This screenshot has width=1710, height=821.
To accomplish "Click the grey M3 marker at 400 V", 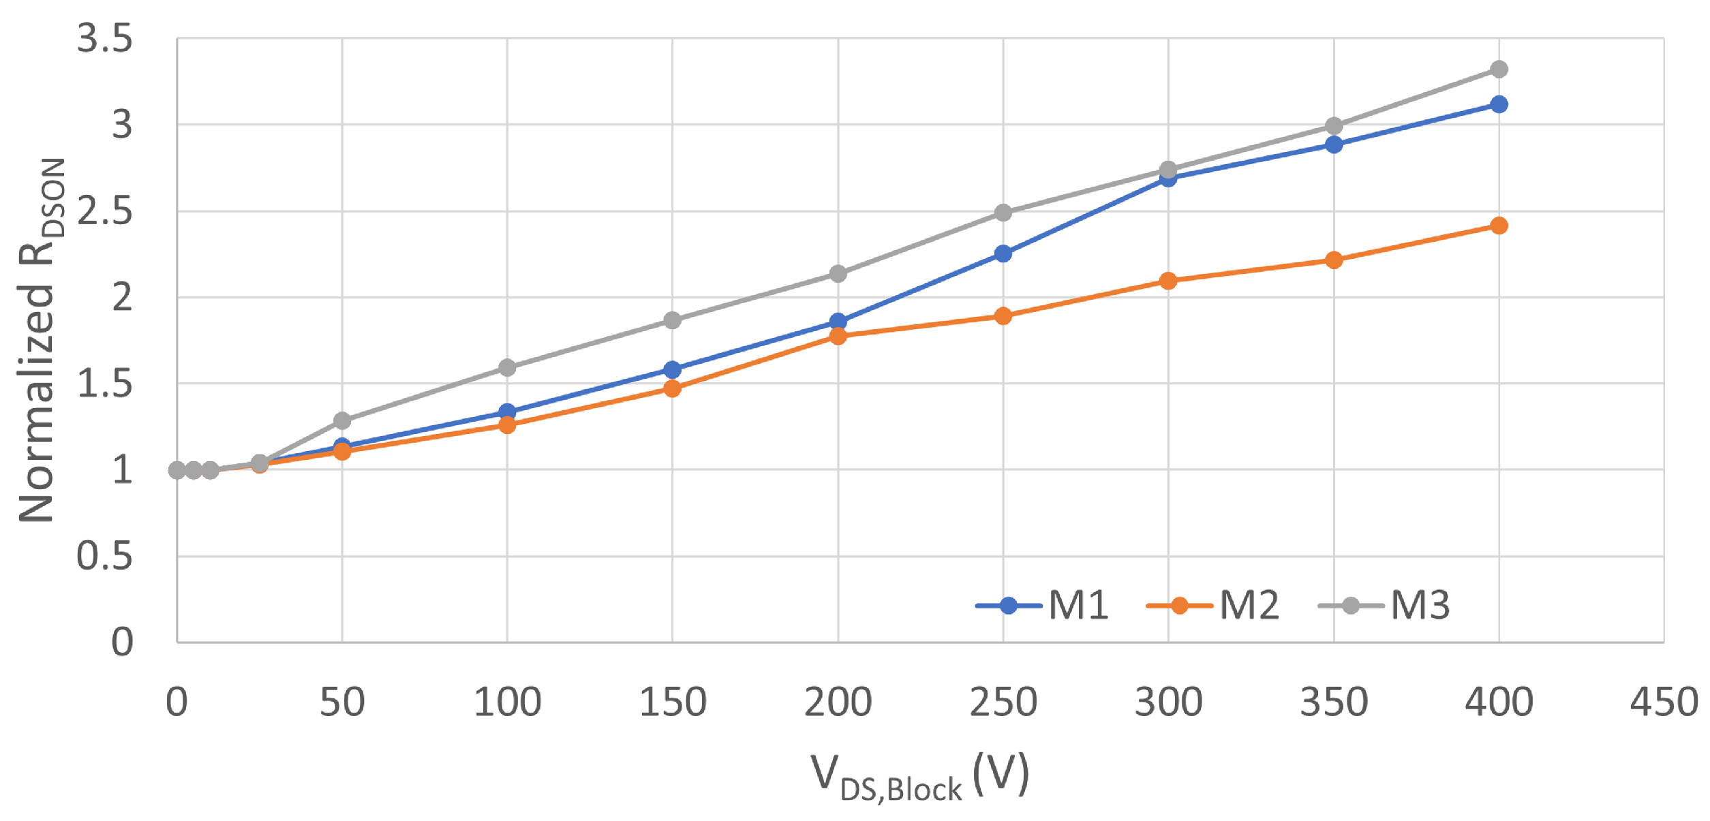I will [1498, 69].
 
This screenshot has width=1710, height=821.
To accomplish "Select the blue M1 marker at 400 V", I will [1498, 105].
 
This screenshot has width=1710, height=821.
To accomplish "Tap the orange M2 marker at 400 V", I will [1498, 226].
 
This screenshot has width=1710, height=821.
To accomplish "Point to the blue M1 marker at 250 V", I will [1003, 254].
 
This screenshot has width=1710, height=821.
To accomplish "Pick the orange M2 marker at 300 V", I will [1167, 281].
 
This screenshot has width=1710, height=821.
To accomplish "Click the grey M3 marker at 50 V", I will [342, 421].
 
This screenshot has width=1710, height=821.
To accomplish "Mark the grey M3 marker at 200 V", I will [838, 275].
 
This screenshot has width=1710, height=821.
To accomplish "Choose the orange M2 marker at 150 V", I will [672, 389].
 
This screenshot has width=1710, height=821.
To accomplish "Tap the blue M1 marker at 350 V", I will [1333, 145].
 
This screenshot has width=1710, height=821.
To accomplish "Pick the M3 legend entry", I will [1383, 605].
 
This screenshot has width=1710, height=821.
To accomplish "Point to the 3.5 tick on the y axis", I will [104, 38].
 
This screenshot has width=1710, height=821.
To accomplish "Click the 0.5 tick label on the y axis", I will [104, 556].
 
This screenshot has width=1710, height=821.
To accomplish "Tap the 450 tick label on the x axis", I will [1663, 702].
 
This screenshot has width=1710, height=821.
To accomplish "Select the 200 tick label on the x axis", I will [838, 702].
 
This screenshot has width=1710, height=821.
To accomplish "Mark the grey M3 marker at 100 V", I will [507, 369].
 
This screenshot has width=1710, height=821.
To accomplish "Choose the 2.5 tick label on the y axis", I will [104, 211].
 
